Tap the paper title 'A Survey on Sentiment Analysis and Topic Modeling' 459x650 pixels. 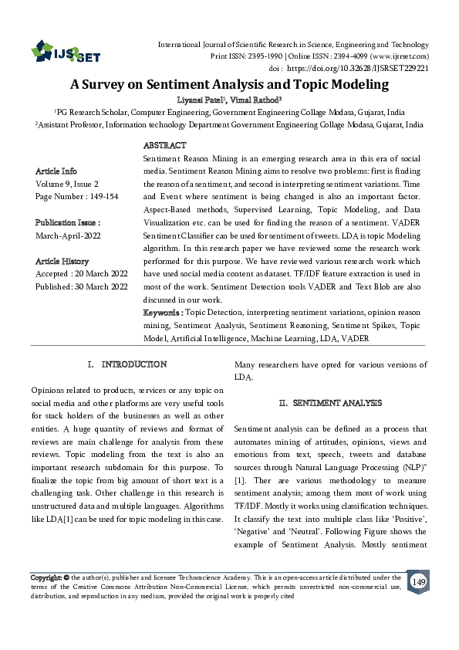tap(229, 84)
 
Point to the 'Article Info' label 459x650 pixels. tap(56, 171)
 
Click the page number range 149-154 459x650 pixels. tap(98, 196)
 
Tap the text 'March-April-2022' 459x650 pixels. tap(69, 235)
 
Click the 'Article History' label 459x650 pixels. tap(62, 261)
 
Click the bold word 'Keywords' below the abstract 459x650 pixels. tap(162, 313)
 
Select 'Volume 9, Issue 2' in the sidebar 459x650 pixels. tap(67, 184)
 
